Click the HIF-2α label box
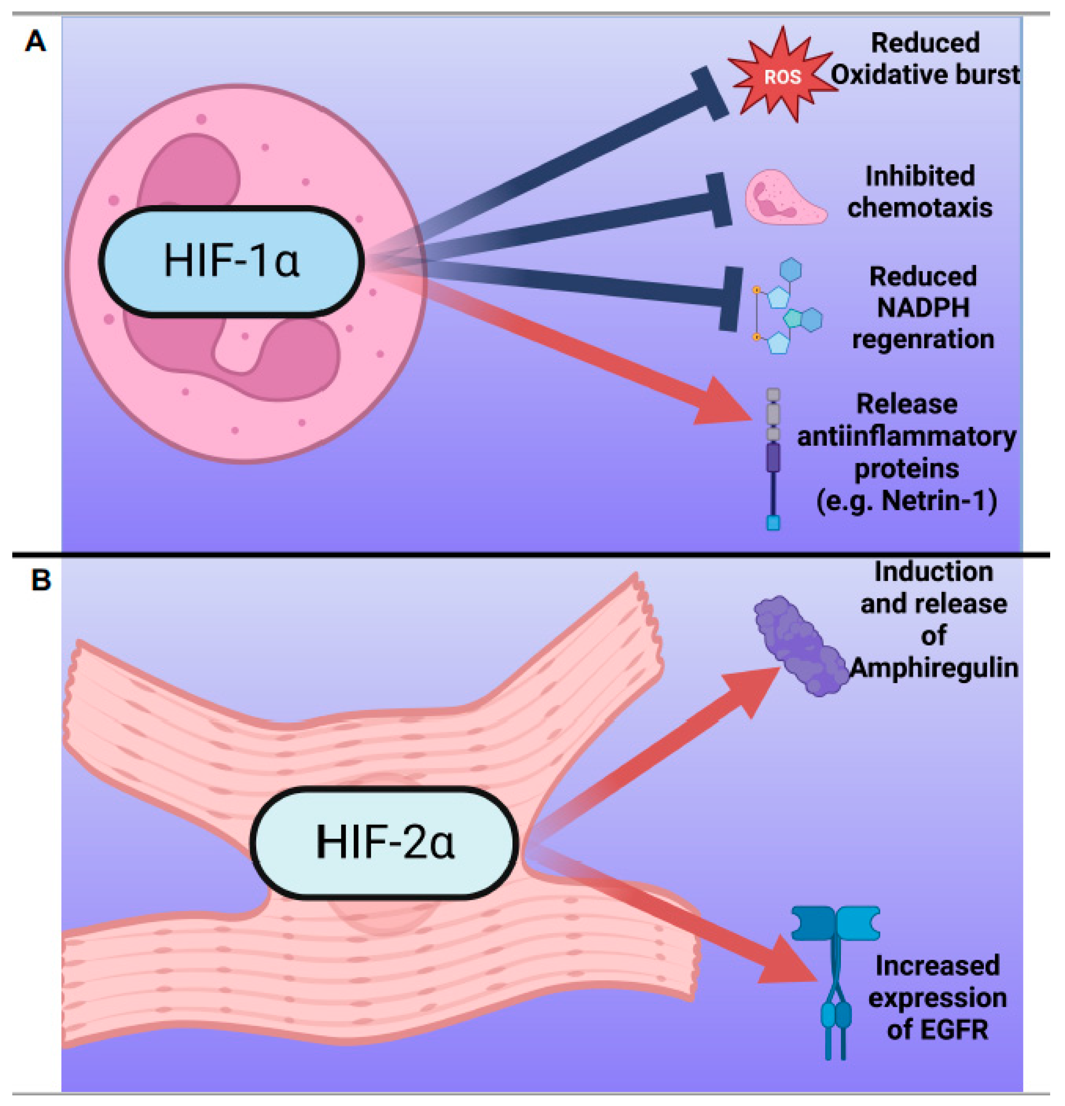click(x=384, y=842)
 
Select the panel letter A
click(x=36, y=41)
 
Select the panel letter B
click(x=41, y=580)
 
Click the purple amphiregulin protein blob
click(x=801, y=646)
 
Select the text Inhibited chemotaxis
click(x=919, y=192)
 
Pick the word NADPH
click(x=923, y=308)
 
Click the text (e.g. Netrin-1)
click(x=907, y=500)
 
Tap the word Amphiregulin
click(x=934, y=668)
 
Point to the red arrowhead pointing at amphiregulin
click(x=753, y=689)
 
